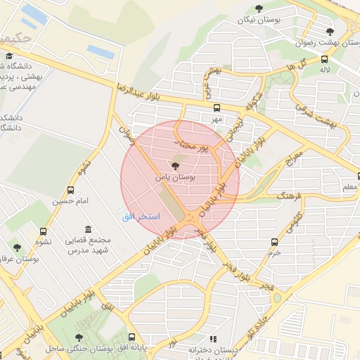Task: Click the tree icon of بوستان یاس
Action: pos(175,167)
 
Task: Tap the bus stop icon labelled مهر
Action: pos(217,108)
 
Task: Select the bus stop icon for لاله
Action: pos(324,59)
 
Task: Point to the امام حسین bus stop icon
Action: pos(70,190)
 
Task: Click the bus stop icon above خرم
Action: pos(274,242)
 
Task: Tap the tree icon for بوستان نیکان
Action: pos(259,9)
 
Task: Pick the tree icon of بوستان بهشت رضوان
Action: pos(330,31)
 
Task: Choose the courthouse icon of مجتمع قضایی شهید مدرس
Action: pos(86,230)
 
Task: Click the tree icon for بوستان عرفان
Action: pos(16,247)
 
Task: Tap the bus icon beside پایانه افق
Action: pos(132,337)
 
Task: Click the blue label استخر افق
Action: pos(141,216)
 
